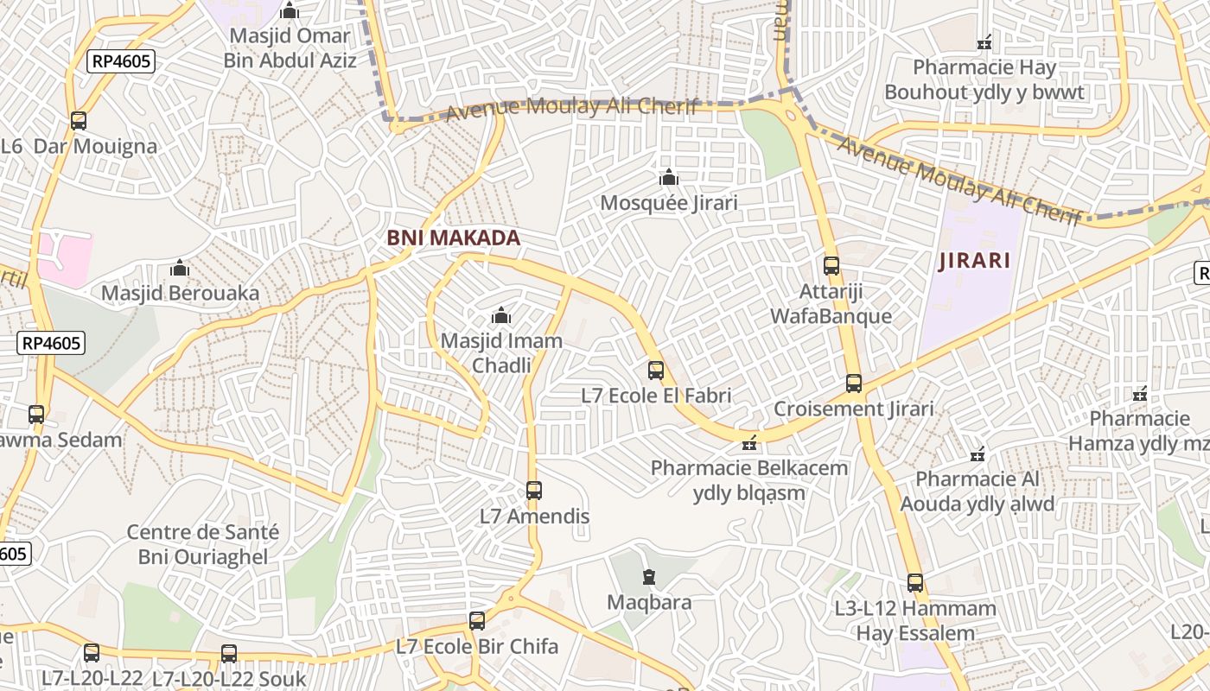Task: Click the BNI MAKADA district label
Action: click(454, 238)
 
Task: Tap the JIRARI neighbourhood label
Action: click(974, 261)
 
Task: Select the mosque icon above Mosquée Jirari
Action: click(668, 178)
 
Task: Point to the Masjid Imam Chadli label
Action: click(501, 352)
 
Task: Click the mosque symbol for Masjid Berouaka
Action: click(180, 269)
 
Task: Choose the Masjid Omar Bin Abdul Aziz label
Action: click(290, 48)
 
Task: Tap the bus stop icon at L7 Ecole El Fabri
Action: click(656, 371)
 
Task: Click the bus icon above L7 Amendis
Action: click(534, 491)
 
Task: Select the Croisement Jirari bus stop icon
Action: click(854, 384)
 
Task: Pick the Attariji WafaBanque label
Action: click(831, 304)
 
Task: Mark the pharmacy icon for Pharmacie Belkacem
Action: click(749, 444)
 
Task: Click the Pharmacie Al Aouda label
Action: click(978, 491)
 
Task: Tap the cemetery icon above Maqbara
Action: click(649, 576)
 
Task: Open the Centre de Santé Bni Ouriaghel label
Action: click(203, 544)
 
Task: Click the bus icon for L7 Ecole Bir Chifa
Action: click(477, 621)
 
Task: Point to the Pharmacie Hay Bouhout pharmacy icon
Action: click(984, 41)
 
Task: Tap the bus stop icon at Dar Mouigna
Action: click(79, 121)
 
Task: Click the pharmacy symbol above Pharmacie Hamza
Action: click(1140, 394)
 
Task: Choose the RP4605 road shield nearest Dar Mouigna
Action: click(121, 61)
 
